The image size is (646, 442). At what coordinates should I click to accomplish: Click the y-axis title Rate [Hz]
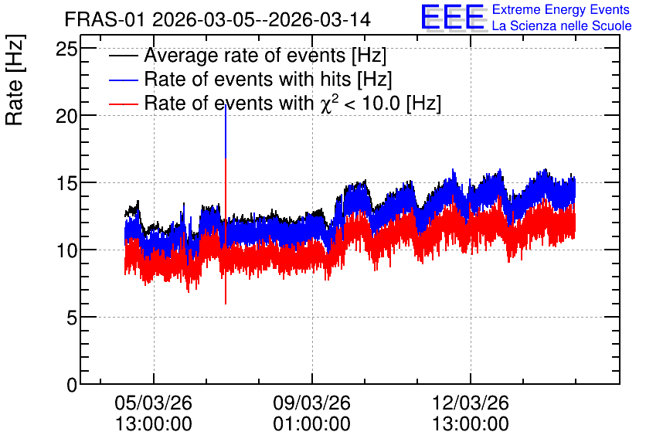15,80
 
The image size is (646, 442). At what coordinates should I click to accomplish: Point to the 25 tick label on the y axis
66,49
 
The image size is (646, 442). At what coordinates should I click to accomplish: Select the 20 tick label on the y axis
66,116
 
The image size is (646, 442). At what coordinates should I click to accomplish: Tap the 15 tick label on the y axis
66,183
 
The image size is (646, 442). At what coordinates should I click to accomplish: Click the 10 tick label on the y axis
66,250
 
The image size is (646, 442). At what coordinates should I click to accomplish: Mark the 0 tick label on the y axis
72,385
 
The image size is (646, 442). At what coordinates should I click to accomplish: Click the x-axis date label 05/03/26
153,403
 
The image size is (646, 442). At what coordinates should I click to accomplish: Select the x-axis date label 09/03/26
312,403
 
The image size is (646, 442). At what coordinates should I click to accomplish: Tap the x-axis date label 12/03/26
471,403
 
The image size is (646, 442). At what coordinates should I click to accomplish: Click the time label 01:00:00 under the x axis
312,424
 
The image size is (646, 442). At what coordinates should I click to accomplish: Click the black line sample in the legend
123,56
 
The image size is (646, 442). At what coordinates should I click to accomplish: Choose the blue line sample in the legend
123,80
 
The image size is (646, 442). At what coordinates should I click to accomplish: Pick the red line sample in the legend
123,104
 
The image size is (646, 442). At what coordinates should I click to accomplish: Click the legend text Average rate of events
245,56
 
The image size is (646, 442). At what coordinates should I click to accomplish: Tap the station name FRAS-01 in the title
104,19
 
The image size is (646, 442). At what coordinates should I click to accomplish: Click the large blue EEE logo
453,17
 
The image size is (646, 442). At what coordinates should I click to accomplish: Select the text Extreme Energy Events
561,9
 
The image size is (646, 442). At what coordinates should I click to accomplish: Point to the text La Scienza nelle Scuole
562,25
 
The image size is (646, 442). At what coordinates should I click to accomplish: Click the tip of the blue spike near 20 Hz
226,107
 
